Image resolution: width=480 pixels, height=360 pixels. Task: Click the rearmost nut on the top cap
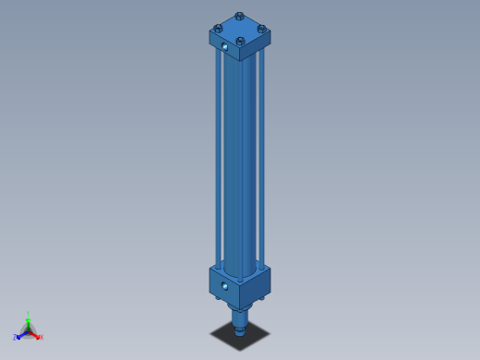pos(240,16)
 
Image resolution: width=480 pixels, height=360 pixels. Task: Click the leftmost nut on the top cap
pos(218,29)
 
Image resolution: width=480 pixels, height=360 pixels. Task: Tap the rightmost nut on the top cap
pos(262,29)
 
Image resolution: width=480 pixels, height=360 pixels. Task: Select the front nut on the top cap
pos(240,42)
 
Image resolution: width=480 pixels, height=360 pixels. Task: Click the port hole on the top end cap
pos(224,46)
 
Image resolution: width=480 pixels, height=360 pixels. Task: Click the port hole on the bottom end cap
pos(224,286)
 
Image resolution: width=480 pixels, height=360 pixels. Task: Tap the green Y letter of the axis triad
pos(28,315)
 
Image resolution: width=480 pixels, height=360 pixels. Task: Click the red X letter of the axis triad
pos(41,337)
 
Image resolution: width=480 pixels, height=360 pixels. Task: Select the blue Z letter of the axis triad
pos(15,338)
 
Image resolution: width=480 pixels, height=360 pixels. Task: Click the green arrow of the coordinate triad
pos(28,323)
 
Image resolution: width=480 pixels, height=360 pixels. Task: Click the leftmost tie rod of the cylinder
pos(218,157)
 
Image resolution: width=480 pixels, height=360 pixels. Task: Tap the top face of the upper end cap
pos(240,30)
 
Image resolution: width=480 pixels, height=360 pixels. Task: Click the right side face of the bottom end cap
pos(256,289)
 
